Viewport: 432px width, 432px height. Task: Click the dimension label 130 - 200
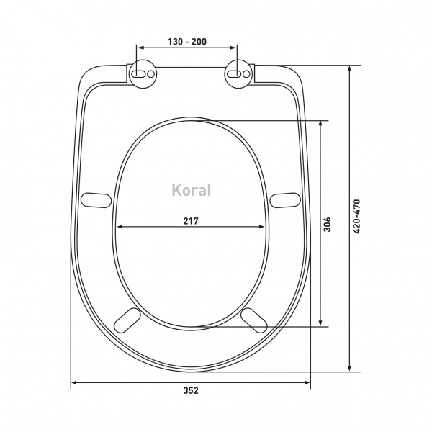tap(187, 42)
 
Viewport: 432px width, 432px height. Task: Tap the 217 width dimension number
tap(191, 221)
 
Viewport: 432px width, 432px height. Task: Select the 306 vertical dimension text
tap(327, 224)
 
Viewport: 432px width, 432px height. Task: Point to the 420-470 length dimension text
tap(356, 216)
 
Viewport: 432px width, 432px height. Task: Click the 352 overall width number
tap(191, 390)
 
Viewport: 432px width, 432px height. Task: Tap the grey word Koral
tap(192, 190)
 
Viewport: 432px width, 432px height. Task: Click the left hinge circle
tap(143, 74)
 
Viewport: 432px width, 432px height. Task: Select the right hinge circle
tap(238, 74)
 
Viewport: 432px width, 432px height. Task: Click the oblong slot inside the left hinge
tap(138, 74)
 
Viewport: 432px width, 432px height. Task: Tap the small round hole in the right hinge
tap(246, 74)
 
